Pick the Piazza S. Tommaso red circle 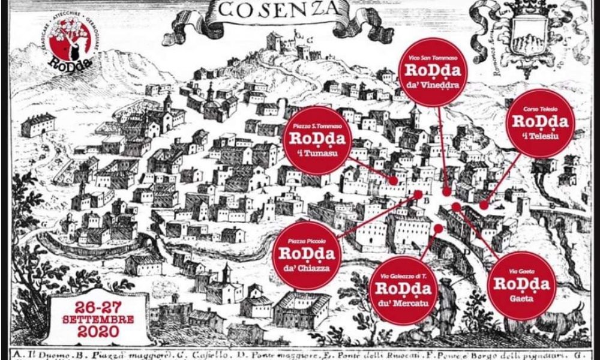coord(317,140)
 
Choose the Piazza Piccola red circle coord(307,256)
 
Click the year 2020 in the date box coord(98,331)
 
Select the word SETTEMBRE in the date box coord(98,318)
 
